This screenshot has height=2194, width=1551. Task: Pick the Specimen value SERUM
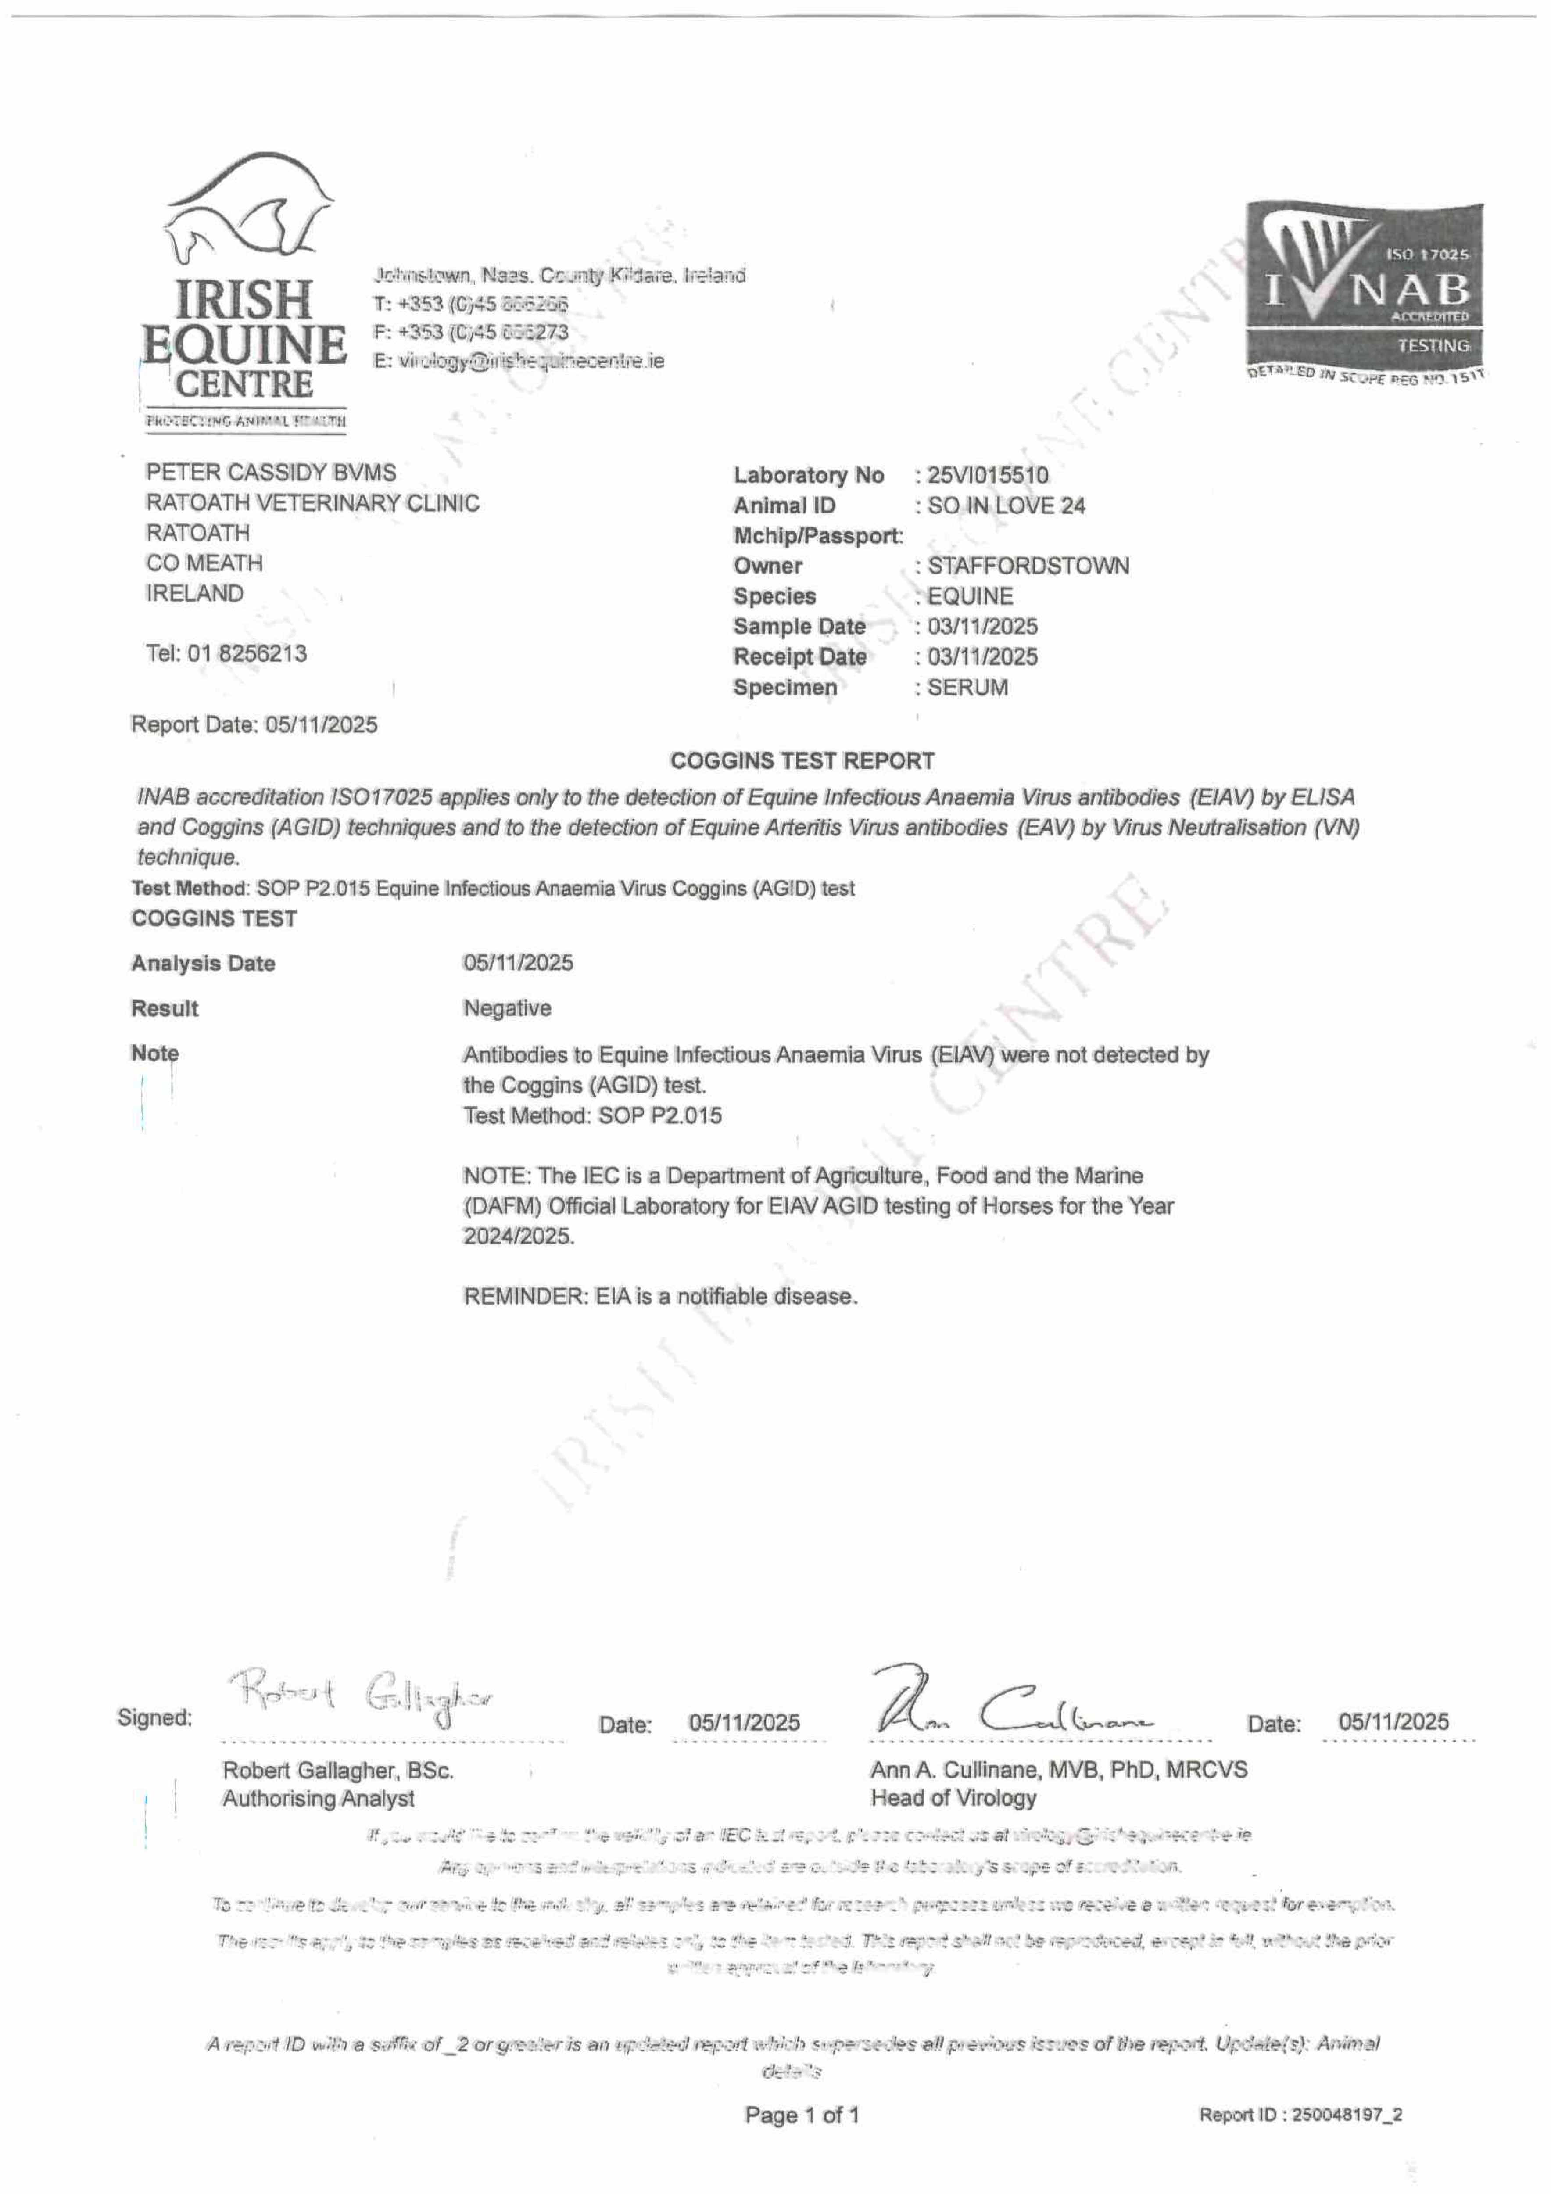(x=967, y=688)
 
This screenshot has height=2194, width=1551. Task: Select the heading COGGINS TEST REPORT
(x=802, y=762)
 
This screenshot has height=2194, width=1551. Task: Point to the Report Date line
(x=254, y=725)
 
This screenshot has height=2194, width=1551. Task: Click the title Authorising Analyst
(x=318, y=1798)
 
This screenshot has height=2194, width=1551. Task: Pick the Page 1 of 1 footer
(x=802, y=2115)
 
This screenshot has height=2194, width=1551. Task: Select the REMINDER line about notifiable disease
(x=660, y=1297)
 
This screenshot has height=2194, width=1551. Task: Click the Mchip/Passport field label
(x=817, y=536)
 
